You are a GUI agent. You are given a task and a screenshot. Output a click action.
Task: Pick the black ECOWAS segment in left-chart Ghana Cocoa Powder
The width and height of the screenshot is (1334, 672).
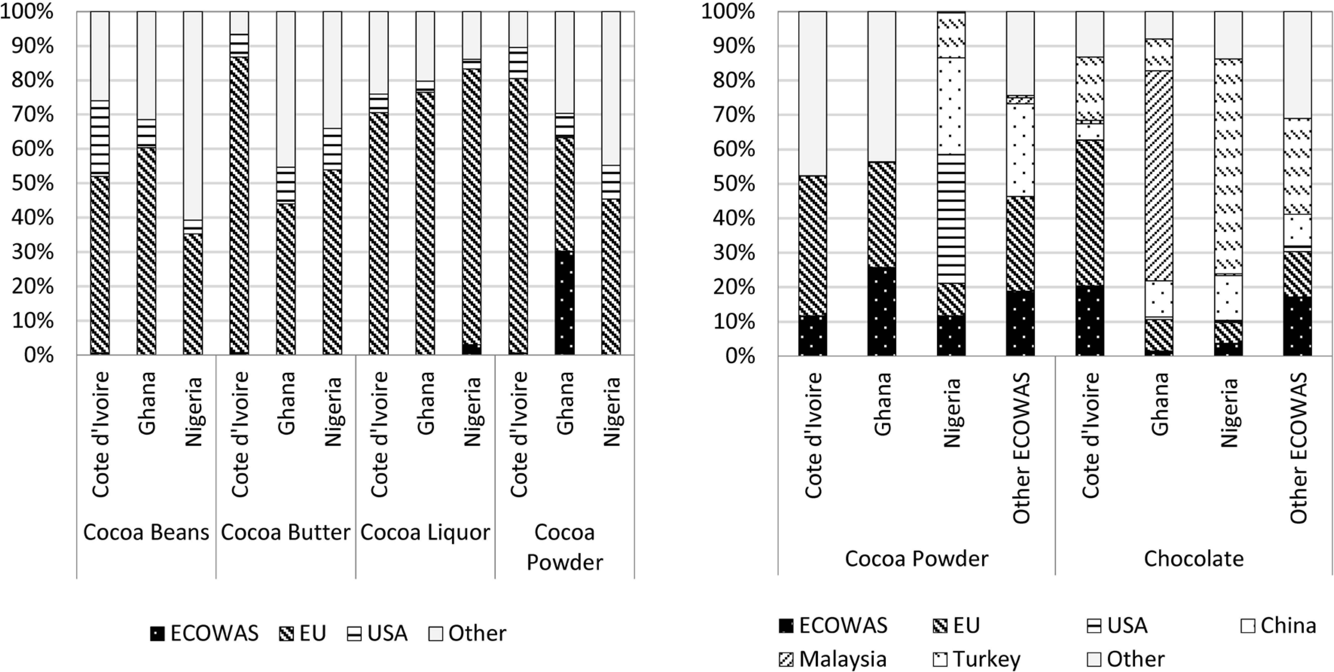(x=564, y=303)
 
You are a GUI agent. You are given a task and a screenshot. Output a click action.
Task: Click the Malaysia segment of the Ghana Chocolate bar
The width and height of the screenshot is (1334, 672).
(x=1159, y=176)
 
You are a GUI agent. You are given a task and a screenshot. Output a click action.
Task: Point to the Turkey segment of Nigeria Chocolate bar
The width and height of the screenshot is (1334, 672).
(x=1228, y=166)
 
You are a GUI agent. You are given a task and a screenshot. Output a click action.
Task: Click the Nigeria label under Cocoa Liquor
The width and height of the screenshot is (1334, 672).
(x=472, y=412)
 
